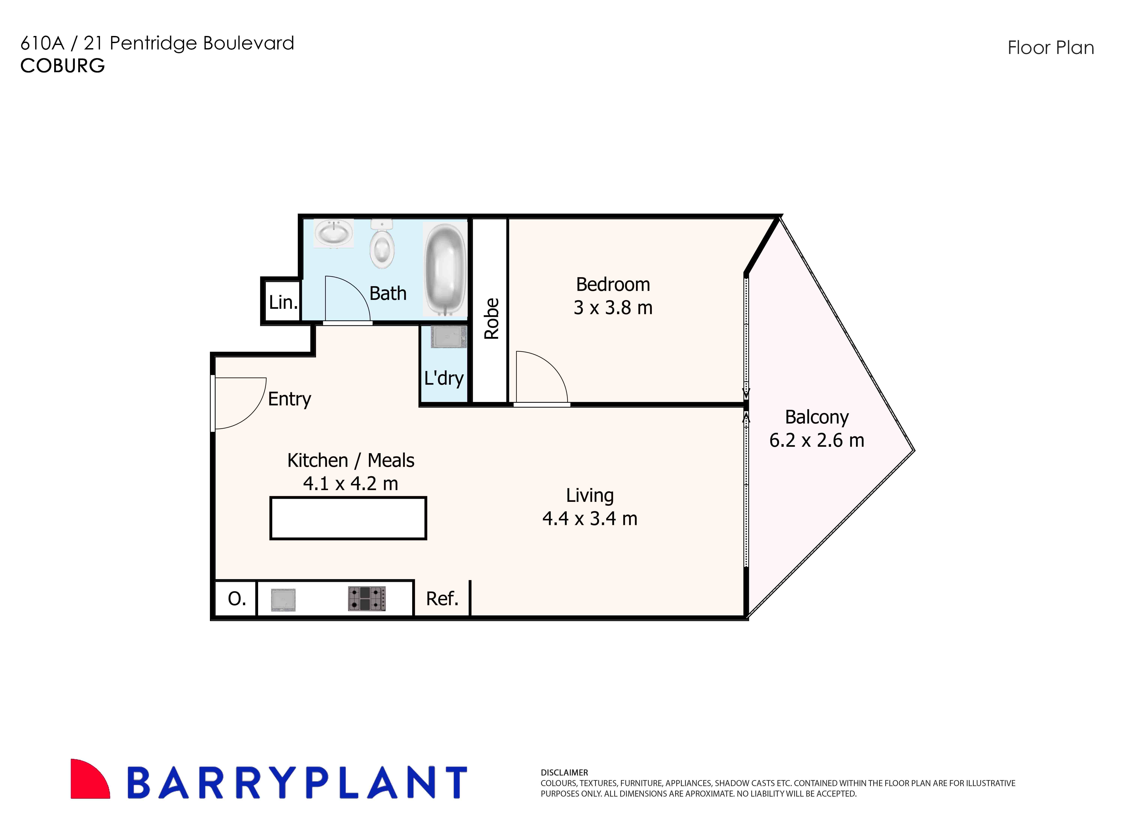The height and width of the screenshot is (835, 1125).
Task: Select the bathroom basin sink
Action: (333, 233)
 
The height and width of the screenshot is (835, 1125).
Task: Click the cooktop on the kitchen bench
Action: (367, 599)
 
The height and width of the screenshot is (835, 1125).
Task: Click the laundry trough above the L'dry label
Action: (448, 337)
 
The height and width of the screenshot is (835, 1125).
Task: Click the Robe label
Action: (491, 318)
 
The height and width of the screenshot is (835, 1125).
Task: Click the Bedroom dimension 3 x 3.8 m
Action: (613, 307)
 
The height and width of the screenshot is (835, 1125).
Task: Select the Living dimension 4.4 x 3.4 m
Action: (589, 519)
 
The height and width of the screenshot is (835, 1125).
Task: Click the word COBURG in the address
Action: (63, 66)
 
